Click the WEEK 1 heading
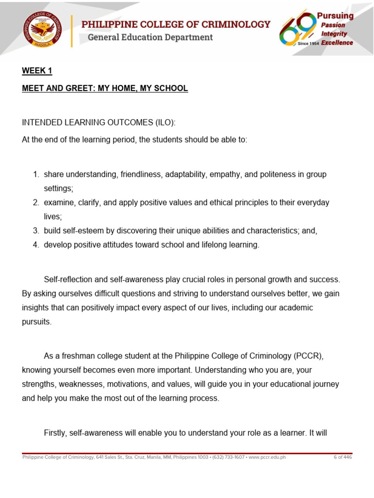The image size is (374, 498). click(x=37, y=71)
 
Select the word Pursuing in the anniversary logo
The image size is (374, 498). click(x=335, y=16)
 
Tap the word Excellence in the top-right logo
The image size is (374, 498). click(x=337, y=43)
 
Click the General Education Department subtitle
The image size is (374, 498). click(x=150, y=37)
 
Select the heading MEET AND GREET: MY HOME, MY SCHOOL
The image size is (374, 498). click(x=105, y=89)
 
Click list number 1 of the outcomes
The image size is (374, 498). click(x=36, y=175)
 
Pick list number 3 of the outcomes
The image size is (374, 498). click(x=36, y=231)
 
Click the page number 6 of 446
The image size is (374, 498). click(x=342, y=457)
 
